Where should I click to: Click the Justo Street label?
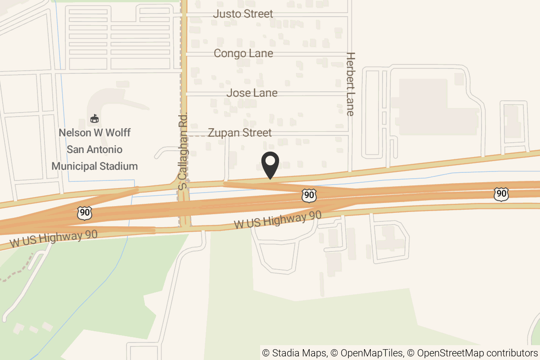(x=243, y=14)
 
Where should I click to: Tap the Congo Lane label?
(x=243, y=54)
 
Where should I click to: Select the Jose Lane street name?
(x=252, y=93)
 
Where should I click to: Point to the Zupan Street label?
(x=239, y=133)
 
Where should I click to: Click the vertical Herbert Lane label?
(x=351, y=84)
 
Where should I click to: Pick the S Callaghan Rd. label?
(x=182, y=151)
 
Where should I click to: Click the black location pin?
(x=270, y=165)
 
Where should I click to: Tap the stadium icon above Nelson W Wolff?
(x=94, y=119)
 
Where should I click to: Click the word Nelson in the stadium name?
(x=76, y=133)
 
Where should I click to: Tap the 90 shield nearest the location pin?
(x=309, y=195)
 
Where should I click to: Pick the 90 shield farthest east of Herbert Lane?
(x=501, y=194)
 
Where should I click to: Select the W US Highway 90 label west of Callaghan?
(x=47, y=237)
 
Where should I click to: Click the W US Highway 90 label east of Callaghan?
(x=278, y=220)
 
